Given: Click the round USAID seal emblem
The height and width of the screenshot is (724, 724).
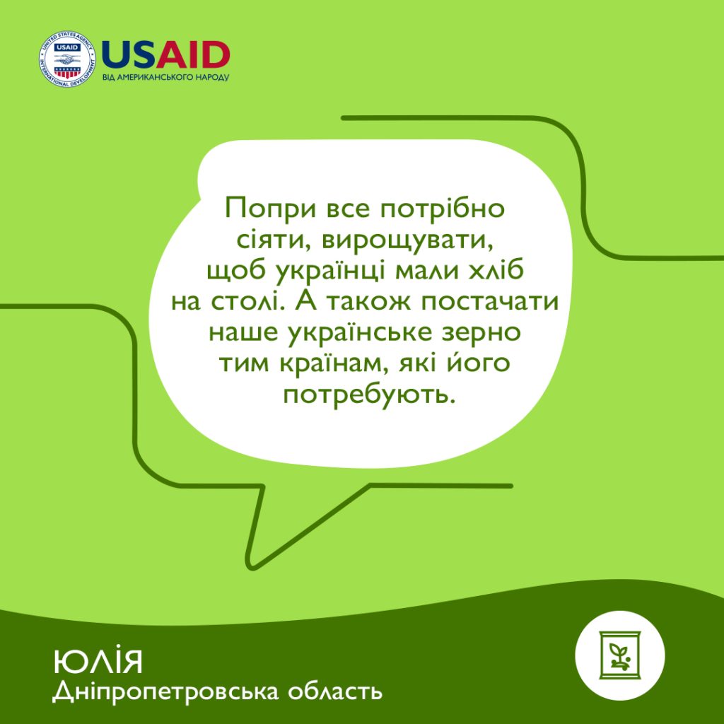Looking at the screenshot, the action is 67,59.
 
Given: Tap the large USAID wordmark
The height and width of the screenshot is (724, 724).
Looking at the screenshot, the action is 165,55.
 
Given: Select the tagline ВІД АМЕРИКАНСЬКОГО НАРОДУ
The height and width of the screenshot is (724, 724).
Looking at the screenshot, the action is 165,78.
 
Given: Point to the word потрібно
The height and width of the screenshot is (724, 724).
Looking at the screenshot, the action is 443,209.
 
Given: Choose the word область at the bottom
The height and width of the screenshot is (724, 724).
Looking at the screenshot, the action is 335,691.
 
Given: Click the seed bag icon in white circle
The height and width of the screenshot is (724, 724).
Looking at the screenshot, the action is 619,655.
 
